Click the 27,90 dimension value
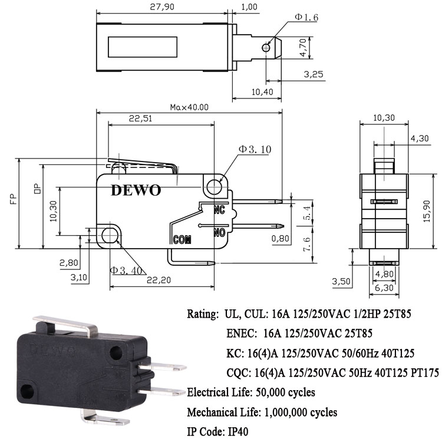pyautogui.click(x=162, y=6)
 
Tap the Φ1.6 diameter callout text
pyautogui.click(x=306, y=17)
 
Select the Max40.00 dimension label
pyautogui.click(x=189, y=107)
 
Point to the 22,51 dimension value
pyautogui.click(x=140, y=118)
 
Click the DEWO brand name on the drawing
pyautogui.click(x=136, y=190)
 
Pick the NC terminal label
pyautogui.click(x=219, y=210)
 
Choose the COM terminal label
pyautogui.click(x=182, y=240)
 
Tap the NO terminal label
pyautogui.click(x=219, y=233)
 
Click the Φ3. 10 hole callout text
pyautogui.click(x=255, y=149)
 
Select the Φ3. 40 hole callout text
pyautogui.click(x=126, y=271)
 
